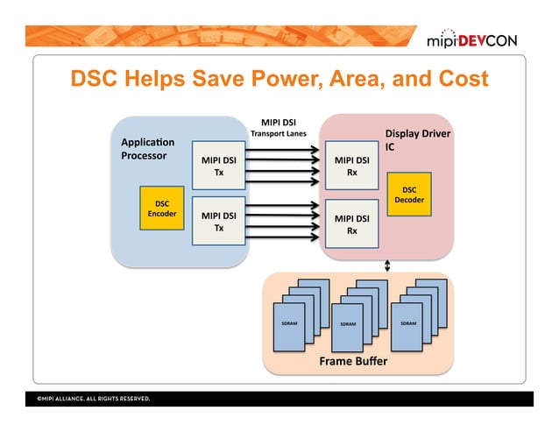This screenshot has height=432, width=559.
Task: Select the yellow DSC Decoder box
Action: [409, 195]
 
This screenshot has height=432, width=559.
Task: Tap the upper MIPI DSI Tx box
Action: [219, 166]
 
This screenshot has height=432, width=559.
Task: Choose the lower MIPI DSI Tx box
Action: [219, 221]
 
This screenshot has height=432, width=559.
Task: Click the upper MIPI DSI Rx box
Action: [351, 166]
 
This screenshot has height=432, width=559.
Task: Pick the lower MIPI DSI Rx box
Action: [351, 224]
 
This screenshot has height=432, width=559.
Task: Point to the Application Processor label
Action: [147, 149]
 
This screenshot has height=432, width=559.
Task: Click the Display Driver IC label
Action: [418, 140]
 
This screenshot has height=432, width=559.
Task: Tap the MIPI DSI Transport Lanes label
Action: [278, 128]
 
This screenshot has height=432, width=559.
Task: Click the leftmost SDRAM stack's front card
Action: [289, 325]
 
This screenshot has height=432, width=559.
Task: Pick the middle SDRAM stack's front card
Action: [348, 326]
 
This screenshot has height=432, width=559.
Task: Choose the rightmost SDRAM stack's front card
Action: [407, 325]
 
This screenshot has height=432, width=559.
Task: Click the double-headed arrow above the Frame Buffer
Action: [387, 266]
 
